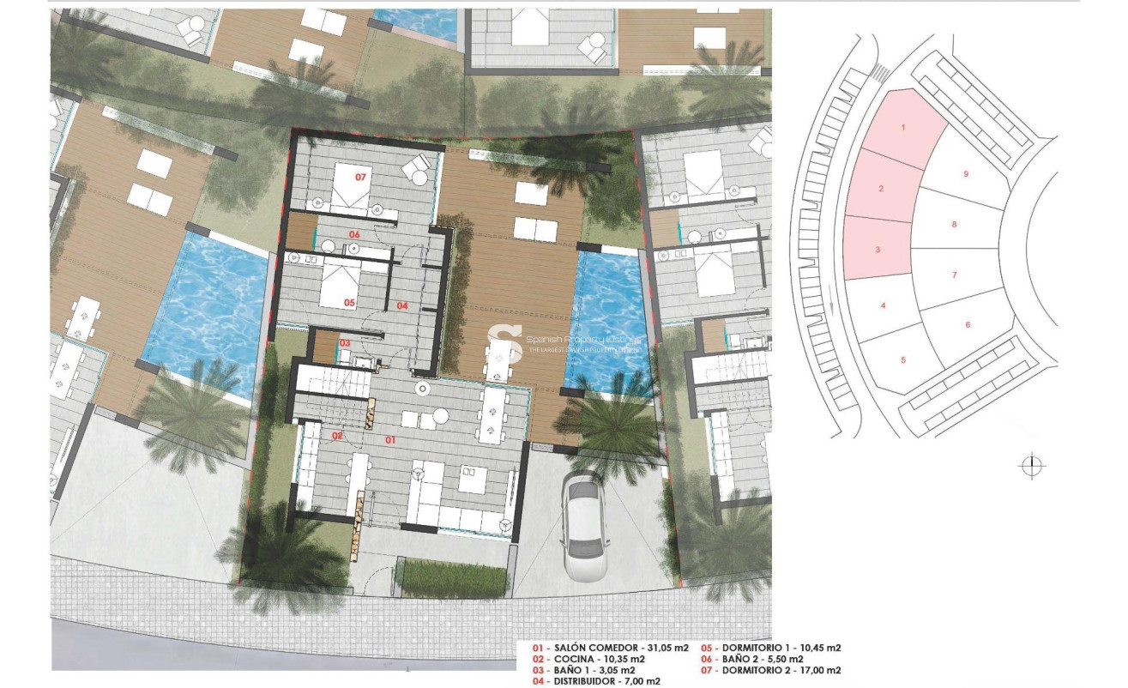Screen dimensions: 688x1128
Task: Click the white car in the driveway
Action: (x=582, y=527)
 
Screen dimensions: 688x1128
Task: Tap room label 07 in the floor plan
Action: (x=360, y=177)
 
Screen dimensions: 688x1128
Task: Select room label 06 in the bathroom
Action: (x=353, y=234)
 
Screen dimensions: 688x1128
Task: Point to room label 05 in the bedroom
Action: (x=349, y=303)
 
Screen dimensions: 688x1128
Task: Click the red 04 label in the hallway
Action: (x=402, y=305)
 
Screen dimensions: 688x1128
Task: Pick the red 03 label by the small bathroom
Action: (x=345, y=343)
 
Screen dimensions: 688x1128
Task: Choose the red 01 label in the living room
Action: (x=389, y=441)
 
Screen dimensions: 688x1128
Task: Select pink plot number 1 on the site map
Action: (x=902, y=127)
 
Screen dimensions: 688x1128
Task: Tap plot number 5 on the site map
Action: (x=902, y=360)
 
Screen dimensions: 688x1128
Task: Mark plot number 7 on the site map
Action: (x=954, y=275)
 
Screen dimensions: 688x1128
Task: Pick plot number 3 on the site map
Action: (x=878, y=250)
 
